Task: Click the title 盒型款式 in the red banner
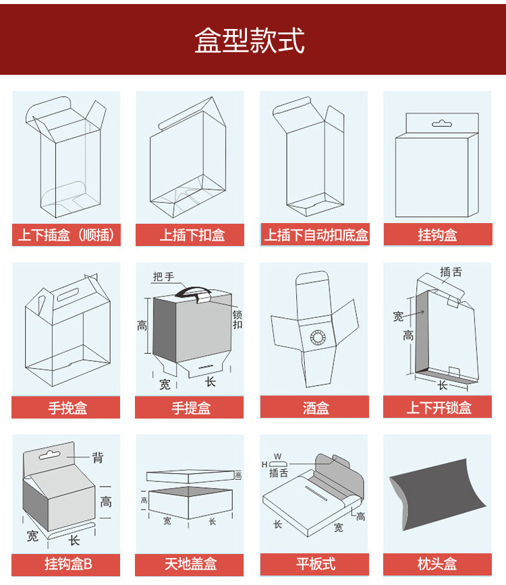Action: pos(250,40)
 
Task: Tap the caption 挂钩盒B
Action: pos(68,563)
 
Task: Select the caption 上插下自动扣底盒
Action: pos(316,235)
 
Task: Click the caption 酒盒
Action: pos(316,407)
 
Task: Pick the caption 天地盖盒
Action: pos(190,563)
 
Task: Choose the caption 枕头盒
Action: pos(437,563)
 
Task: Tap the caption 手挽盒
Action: pos(67,407)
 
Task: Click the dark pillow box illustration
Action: pos(438,494)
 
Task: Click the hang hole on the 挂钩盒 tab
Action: pos(442,123)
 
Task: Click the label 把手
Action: pos(163,277)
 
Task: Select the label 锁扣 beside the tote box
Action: pos(237,319)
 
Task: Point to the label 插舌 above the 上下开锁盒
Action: pos(451,272)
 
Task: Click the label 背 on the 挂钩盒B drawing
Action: pos(97,458)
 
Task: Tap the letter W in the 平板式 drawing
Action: pos(277,456)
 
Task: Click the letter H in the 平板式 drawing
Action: pos(264,464)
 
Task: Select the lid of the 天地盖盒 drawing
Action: pos(190,476)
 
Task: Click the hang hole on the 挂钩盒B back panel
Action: pos(49,454)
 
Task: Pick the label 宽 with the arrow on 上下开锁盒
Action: pos(398,316)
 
